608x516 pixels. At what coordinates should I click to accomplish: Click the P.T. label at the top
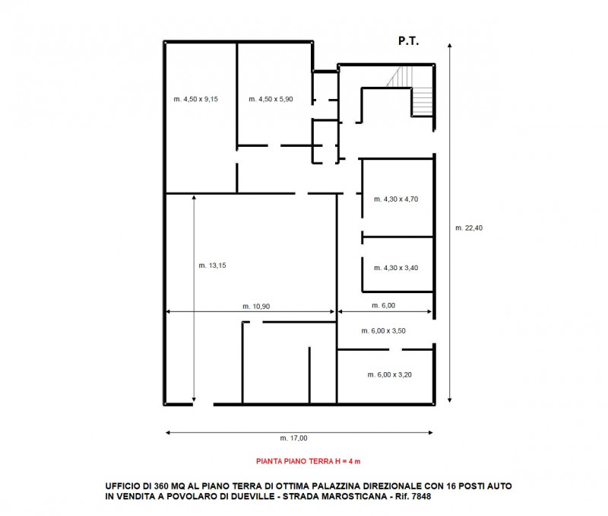pyautogui.click(x=408, y=41)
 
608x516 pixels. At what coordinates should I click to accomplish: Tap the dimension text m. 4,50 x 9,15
pyautogui.click(x=196, y=99)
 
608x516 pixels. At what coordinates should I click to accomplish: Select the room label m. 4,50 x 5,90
pyautogui.click(x=271, y=99)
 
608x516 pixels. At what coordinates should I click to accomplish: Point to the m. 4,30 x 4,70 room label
pyautogui.click(x=396, y=199)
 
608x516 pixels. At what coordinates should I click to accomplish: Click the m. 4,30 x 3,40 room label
pyautogui.click(x=396, y=268)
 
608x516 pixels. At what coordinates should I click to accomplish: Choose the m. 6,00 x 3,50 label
pyautogui.click(x=384, y=331)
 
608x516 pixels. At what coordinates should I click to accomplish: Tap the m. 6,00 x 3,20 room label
pyautogui.click(x=390, y=374)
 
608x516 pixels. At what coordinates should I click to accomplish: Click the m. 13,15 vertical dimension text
pyautogui.click(x=212, y=266)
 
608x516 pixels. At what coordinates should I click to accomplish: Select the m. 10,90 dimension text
pyautogui.click(x=256, y=307)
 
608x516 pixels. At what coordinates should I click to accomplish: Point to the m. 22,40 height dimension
pyautogui.click(x=469, y=228)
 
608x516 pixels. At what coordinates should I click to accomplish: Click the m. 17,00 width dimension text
pyautogui.click(x=293, y=438)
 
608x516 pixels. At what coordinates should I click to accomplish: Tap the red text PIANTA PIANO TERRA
pyautogui.click(x=295, y=461)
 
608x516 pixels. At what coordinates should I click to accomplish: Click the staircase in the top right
pyautogui.click(x=411, y=91)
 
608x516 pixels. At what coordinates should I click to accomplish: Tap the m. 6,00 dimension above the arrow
pyautogui.click(x=384, y=305)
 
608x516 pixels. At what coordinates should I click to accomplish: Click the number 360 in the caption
pyautogui.click(x=161, y=486)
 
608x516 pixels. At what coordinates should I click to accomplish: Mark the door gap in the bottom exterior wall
pyautogui.click(x=203, y=405)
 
